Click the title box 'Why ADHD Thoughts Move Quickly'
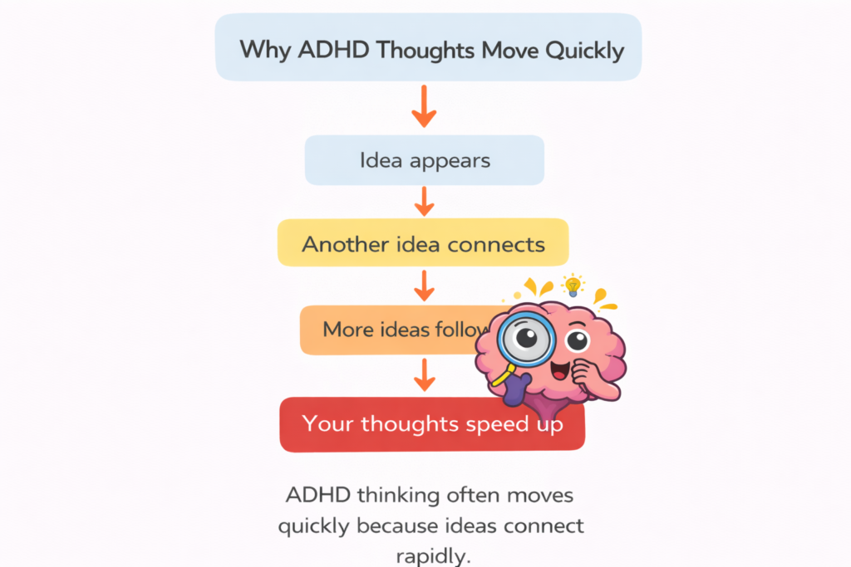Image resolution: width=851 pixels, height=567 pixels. [x=428, y=48]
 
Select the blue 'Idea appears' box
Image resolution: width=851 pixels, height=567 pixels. [x=424, y=160]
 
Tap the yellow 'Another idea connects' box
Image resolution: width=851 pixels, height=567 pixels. [x=423, y=243]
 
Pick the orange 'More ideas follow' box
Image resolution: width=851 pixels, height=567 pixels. [x=382, y=330]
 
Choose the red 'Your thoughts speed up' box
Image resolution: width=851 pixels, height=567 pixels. [x=432, y=425]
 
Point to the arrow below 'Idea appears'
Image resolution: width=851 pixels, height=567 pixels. [x=424, y=202]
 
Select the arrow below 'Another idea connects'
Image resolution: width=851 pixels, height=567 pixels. [x=424, y=286]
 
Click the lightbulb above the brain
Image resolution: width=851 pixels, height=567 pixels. [x=572, y=285]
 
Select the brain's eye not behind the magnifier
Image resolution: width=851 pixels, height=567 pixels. [x=577, y=340]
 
